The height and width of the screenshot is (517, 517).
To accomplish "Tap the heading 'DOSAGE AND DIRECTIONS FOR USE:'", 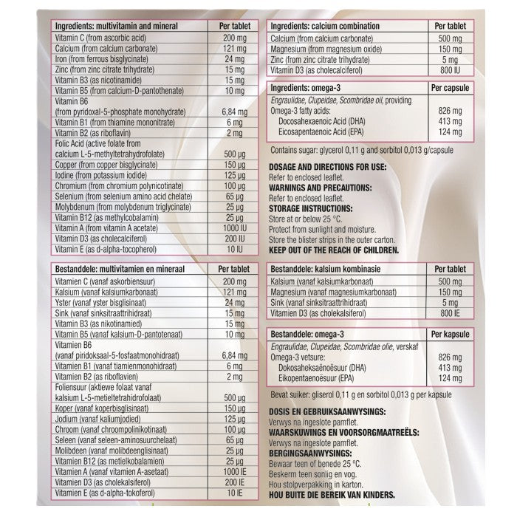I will click(326, 167).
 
